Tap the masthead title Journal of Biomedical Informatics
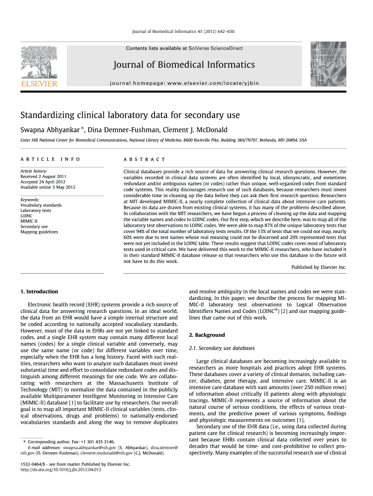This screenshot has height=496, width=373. click(x=184, y=65)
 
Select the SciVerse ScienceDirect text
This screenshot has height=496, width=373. click(x=216, y=48)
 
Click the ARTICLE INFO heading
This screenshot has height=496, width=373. click(x=50, y=159)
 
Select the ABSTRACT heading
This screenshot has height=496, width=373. click(x=144, y=159)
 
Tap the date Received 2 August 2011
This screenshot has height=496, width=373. click(x=43, y=176)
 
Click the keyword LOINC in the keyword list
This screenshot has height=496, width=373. click(x=27, y=216)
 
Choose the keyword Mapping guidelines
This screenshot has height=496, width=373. click(x=39, y=232)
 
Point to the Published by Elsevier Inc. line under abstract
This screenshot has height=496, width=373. click(x=319, y=267)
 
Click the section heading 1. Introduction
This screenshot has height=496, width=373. click(x=39, y=292)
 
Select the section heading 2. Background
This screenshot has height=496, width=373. click(x=206, y=335)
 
